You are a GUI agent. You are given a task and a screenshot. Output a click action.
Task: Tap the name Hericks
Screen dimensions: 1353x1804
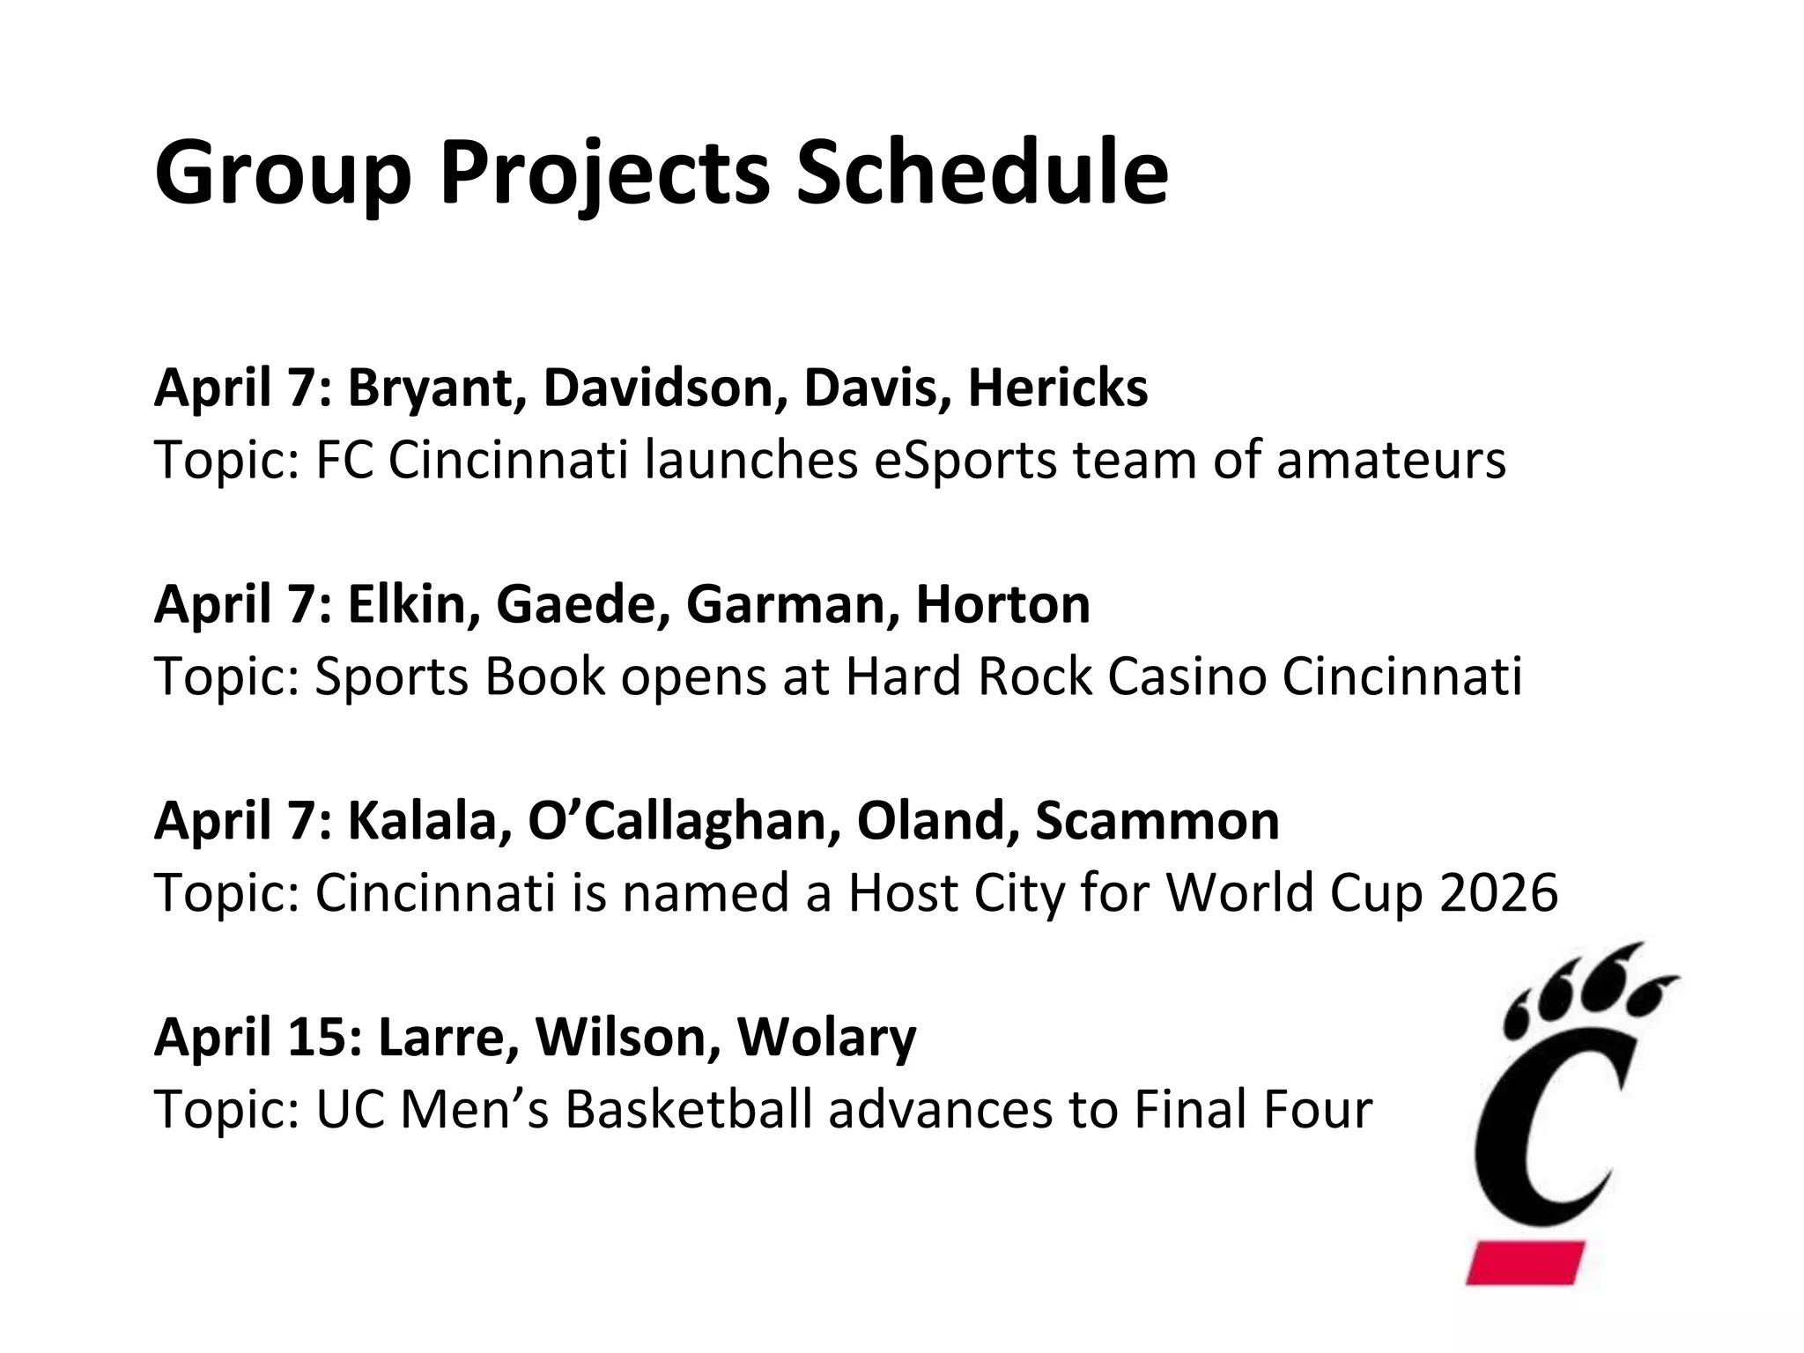point(1058,388)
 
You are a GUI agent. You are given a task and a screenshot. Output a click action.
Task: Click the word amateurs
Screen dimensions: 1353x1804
point(1391,461)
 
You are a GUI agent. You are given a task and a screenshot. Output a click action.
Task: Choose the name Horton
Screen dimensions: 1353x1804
point(1002,604)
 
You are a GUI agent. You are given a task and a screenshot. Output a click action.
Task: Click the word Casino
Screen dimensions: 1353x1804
point(1186,676)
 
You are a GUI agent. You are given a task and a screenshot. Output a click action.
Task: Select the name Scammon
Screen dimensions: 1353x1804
point(1157,821)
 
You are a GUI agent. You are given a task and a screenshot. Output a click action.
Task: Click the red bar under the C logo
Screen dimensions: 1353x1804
point(1525,1262)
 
